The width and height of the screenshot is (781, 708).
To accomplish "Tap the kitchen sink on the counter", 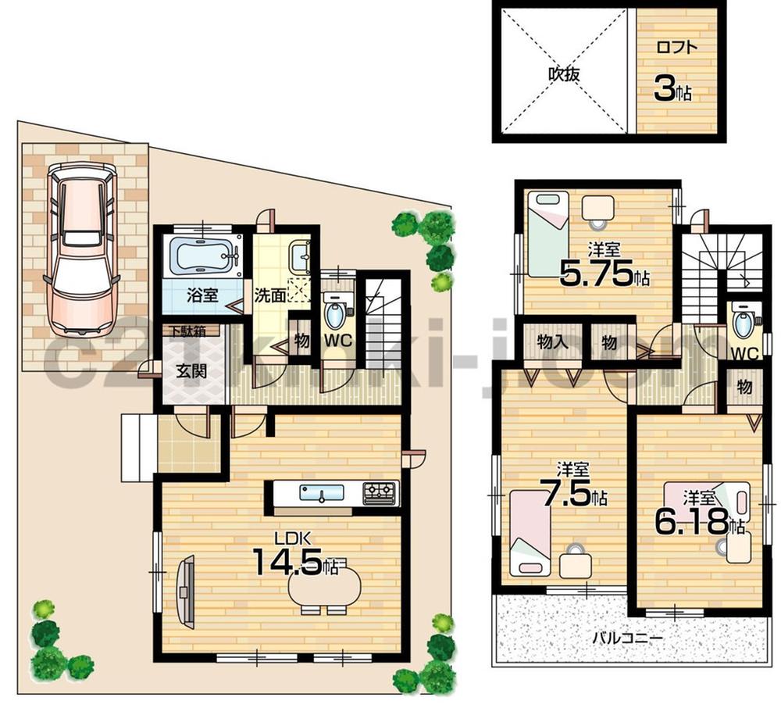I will [321, 493].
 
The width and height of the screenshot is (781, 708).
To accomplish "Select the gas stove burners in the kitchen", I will [379, 492].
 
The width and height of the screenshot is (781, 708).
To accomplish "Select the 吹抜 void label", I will [562, 76].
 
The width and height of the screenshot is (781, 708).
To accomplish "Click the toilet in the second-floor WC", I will [743, 323].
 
